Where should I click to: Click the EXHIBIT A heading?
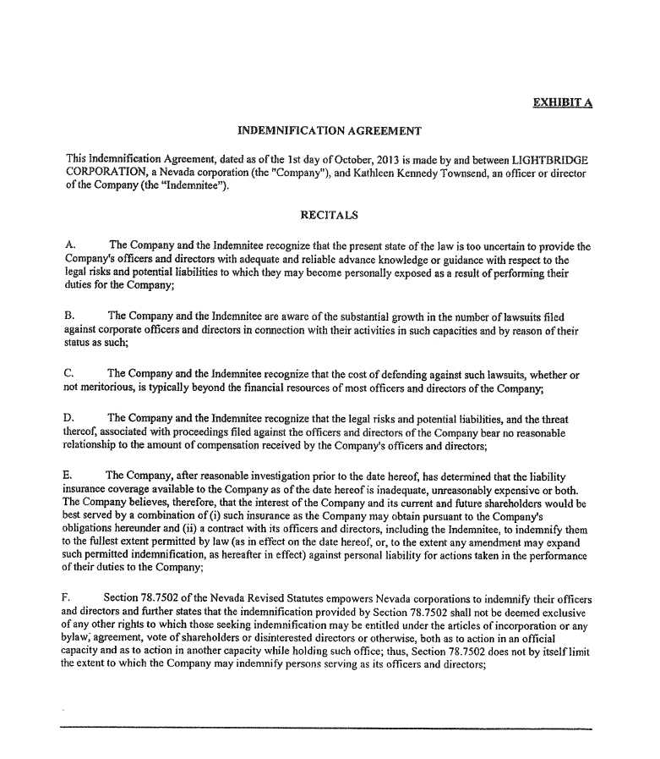click(562, 103)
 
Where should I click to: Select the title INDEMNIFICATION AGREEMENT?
click(329, 131)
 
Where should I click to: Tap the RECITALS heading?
click(330, 215)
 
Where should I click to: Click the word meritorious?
click(109, 388)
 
